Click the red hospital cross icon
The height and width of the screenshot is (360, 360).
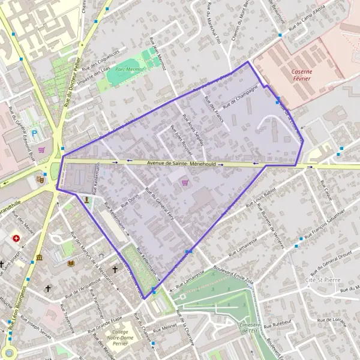[16, 238]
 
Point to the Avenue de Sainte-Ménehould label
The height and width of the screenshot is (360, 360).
[175, 163]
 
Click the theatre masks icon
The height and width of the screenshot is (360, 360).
[40, 178]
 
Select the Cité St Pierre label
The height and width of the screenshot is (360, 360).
[319, 280]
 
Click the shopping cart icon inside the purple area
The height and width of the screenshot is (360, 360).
[185, 182]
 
